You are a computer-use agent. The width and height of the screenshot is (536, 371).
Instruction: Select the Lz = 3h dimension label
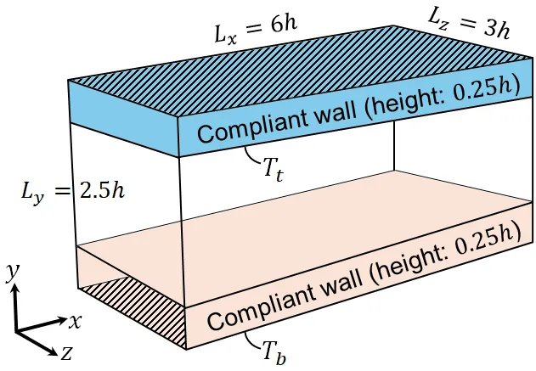pyautogui.click(x=469, y=22)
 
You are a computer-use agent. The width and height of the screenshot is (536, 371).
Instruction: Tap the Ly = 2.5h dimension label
pyautogui.click(x=73, y=193)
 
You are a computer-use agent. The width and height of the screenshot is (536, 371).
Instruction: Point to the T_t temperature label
pyautogui.click(x=274, y=170)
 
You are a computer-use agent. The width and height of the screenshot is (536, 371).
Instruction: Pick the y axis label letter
pyautogui.click(x=13, y=273)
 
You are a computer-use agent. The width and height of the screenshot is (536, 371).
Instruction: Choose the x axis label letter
pyautogui.click(x=75, y=322)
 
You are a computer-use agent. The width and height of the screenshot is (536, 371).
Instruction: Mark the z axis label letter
pyautogui.click(x=66, y=353)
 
